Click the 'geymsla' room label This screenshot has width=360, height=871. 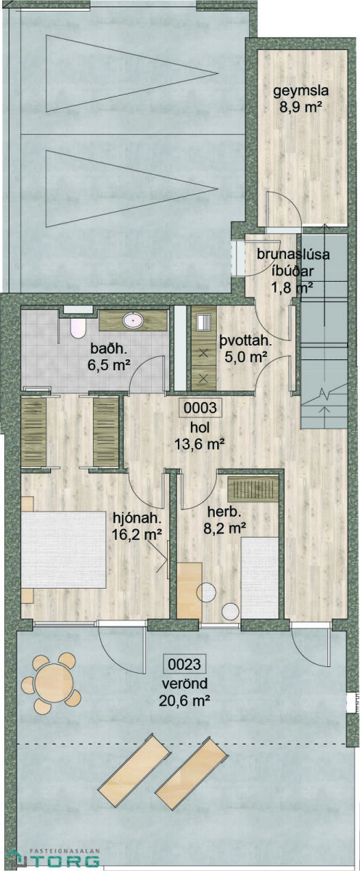click(300, 91)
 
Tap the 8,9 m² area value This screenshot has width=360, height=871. click(300, 107)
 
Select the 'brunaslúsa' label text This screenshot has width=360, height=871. click(292, 254)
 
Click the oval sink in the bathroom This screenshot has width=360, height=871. click(133, 320)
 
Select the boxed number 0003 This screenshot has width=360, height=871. click(200, 408)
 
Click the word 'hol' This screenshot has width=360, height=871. click(200, 428)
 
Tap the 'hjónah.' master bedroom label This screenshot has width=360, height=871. click(137, 518)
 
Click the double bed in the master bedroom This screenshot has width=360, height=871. click(64, 550)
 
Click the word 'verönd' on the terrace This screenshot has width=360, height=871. click(184, 683)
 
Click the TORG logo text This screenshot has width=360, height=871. click(60, 861)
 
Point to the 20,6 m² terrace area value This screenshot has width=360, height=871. click(184, 700)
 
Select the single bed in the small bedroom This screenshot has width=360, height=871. click(259, 578)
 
